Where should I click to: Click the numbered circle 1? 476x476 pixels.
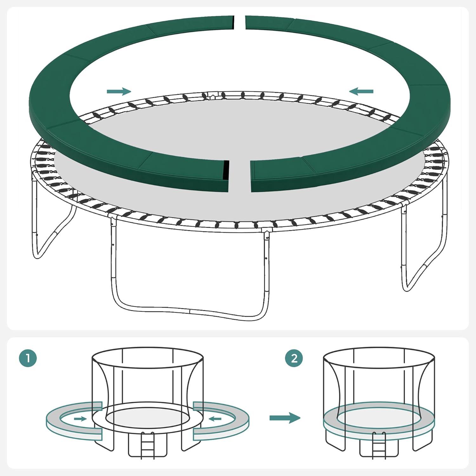[x=28, y=358]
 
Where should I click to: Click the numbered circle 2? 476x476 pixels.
[x=294, y=358]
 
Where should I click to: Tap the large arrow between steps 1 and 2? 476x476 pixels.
[x=285, y=418]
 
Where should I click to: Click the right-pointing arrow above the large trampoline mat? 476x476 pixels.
[x=119, y=91]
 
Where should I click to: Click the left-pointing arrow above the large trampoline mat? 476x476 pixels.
[x=361, y=91]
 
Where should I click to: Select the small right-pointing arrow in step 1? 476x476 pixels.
[x=80, y=419]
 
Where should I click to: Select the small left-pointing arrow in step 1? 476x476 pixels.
[x=215, y=419]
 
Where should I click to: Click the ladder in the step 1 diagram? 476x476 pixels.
[x=147, y=444]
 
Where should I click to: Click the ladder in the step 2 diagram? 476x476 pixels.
[x=379, y=444]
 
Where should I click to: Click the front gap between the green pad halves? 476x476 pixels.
[x=240, y=176]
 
